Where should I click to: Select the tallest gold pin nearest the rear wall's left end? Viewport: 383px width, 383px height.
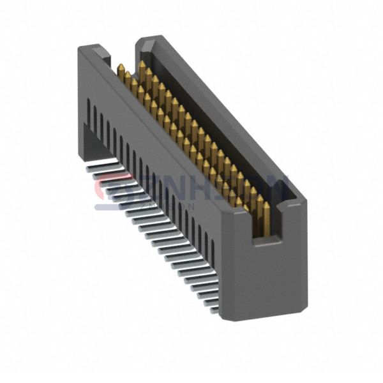142,68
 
